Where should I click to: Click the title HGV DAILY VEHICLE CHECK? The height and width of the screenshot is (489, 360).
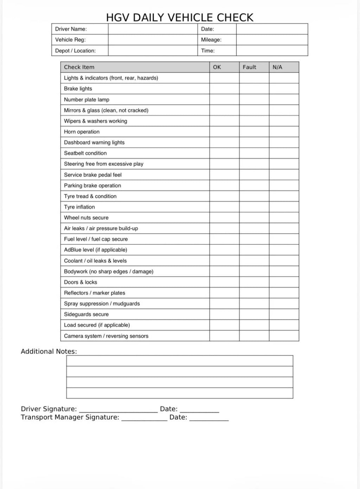point(180,17)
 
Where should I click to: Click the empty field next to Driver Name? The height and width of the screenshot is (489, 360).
point(153,29)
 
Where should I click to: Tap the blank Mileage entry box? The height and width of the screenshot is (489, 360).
point(272,40)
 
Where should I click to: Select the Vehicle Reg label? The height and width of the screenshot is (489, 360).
point(70,40)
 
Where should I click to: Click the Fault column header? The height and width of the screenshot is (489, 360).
point(250,67)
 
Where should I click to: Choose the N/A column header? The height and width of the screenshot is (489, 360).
point(277,67)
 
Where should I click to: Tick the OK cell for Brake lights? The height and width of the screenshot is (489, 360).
point(224,89)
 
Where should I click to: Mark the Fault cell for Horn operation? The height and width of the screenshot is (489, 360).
point(254,132)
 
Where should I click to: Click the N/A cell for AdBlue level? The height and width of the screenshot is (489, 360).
point(284,250)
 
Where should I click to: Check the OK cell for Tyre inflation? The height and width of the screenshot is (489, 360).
point(224,207)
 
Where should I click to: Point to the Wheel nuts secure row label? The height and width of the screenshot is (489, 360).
point(86,218)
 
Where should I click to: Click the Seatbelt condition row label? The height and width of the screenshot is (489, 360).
point(85,153)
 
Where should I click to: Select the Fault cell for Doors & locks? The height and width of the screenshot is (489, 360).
point(254,282)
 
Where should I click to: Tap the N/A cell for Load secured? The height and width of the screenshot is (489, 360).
point(284,325)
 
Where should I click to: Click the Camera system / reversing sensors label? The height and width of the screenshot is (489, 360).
point(106,336)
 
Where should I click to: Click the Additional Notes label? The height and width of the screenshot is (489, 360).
point(49,351)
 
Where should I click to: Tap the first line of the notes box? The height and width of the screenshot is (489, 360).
point(180,361)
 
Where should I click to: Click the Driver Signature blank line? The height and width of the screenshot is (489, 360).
point(118,410)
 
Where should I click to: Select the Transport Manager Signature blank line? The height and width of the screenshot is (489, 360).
point(144,418)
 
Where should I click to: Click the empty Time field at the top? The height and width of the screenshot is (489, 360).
point(272,51)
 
